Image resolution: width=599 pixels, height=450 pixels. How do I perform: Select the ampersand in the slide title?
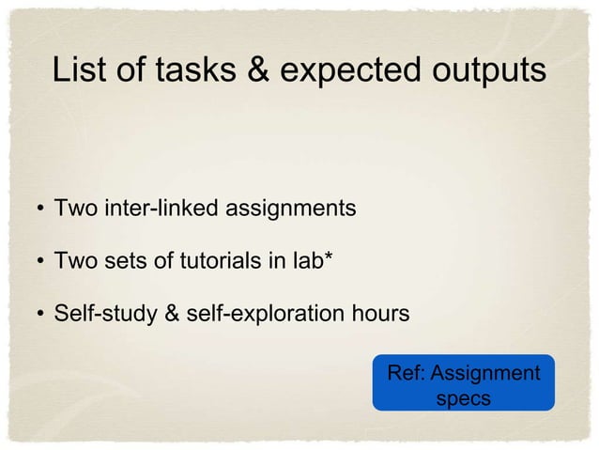(249, 71)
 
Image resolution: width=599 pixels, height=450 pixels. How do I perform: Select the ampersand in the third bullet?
(173, 313)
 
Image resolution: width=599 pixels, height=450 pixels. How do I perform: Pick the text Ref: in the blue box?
(407, 374)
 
